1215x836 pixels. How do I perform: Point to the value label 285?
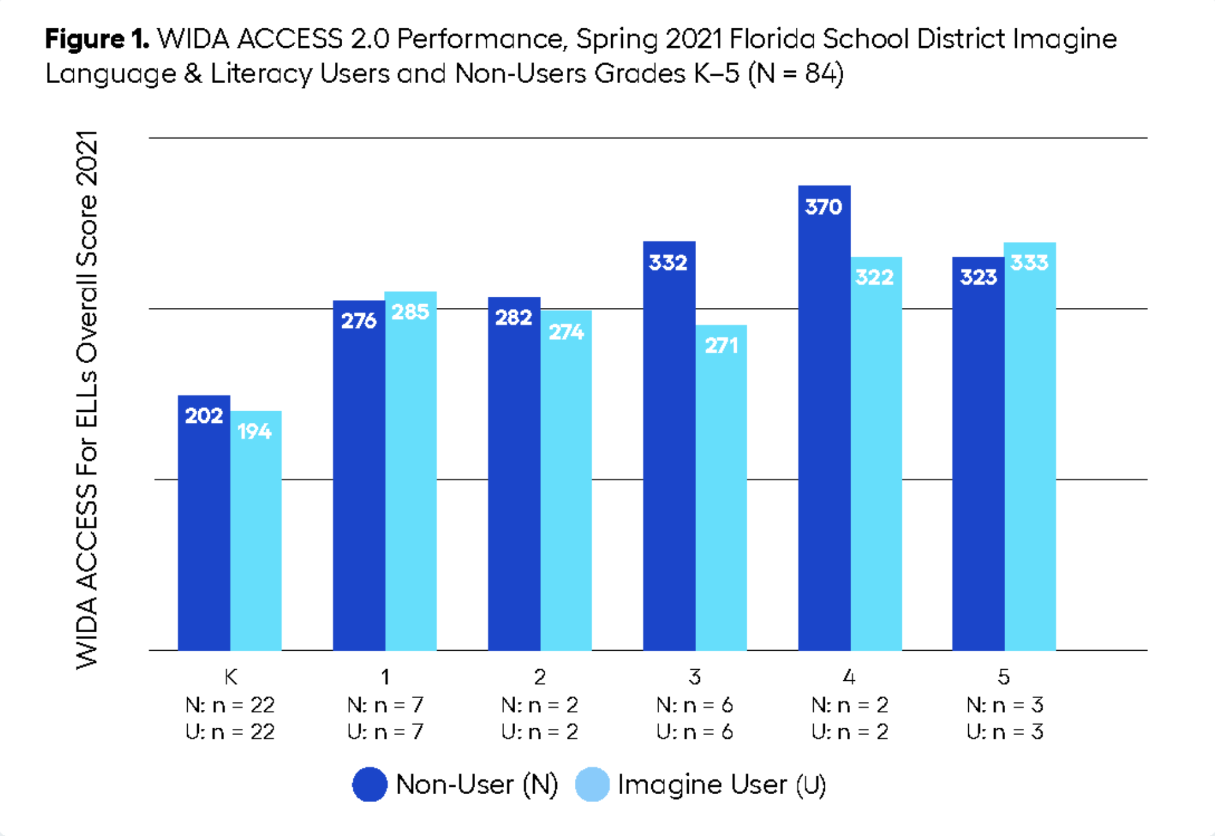410,312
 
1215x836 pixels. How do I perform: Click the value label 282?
513,318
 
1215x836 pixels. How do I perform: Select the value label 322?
875,277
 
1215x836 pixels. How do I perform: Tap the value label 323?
978,277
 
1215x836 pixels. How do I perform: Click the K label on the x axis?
230,677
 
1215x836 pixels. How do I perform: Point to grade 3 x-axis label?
695,677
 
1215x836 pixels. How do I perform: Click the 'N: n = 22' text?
230,704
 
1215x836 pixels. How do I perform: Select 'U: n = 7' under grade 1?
385,731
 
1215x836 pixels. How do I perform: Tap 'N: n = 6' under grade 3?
695,704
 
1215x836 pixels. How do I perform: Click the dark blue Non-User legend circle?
369,784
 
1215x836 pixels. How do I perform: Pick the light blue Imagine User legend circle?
592,784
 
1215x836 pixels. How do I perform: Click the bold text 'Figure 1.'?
97,39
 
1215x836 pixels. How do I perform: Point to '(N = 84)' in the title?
795,74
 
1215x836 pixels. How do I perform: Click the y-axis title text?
87,400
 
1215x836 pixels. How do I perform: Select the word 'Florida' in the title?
772,39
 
